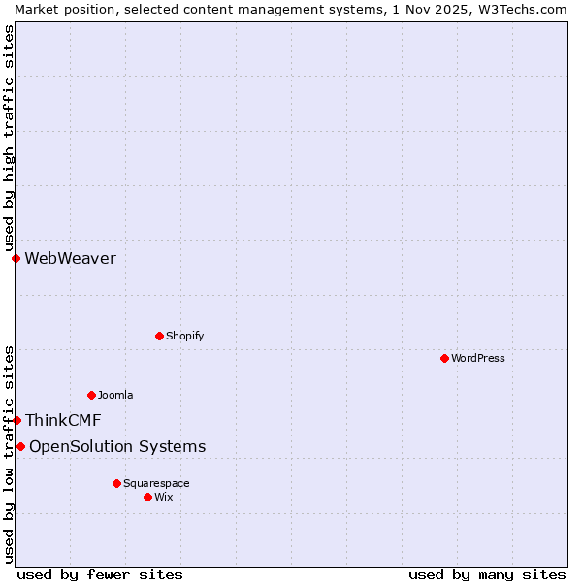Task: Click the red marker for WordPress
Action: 444,358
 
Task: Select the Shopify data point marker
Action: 159,336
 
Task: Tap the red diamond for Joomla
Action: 91,395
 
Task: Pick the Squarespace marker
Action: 116,483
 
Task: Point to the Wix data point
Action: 147,497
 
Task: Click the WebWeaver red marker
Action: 16,258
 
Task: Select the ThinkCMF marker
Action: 16,420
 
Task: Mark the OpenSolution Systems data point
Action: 20,446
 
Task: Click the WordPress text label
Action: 478,358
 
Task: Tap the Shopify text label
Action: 184,336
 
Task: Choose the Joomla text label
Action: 115,395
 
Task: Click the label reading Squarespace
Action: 156,483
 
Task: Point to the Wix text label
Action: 164,497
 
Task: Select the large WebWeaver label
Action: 70,258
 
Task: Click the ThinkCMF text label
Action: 63,420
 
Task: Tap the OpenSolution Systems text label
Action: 117,446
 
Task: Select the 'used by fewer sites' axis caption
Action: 100,574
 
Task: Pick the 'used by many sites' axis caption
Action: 487,574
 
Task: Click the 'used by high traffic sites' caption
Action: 9,139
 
